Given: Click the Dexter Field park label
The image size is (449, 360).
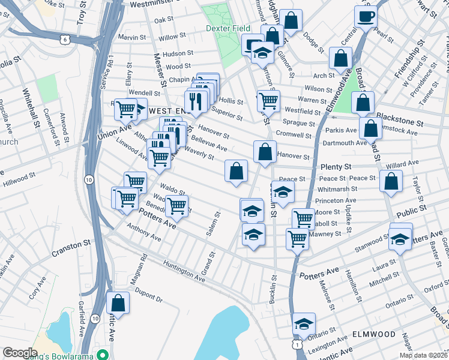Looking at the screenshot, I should [x=228, y=28].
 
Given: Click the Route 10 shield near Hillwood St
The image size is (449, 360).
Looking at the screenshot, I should [x=88, y=179].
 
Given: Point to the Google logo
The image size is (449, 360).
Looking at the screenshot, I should [x=20, y=353].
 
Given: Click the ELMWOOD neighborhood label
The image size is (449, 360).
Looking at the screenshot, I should [x=373, y=334].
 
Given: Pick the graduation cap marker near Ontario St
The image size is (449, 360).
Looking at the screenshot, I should [x=304, y=324].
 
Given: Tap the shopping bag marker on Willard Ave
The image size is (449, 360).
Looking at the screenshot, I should [x=391, y=182].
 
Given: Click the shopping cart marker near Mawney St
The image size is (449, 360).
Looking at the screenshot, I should [x=297, y=238].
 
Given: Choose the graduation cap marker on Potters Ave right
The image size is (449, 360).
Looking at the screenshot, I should [x=400, y=238].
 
